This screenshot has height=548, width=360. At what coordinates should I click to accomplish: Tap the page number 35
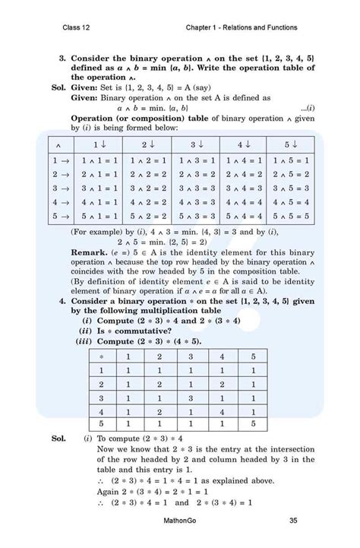[292, 520]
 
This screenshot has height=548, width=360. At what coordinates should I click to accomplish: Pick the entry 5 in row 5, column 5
[254, 423]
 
